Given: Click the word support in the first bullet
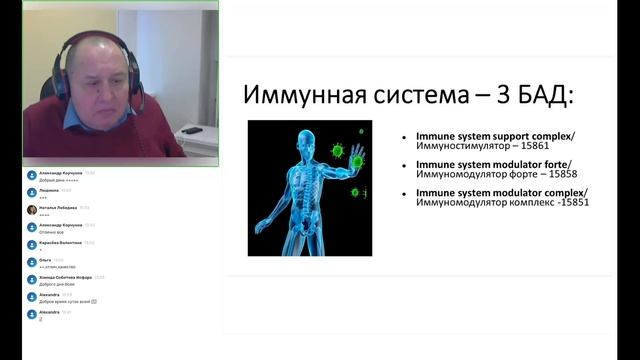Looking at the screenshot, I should point(503,135).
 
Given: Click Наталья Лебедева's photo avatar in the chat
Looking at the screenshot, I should point(32,209).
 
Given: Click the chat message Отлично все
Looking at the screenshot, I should point(52,232).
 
